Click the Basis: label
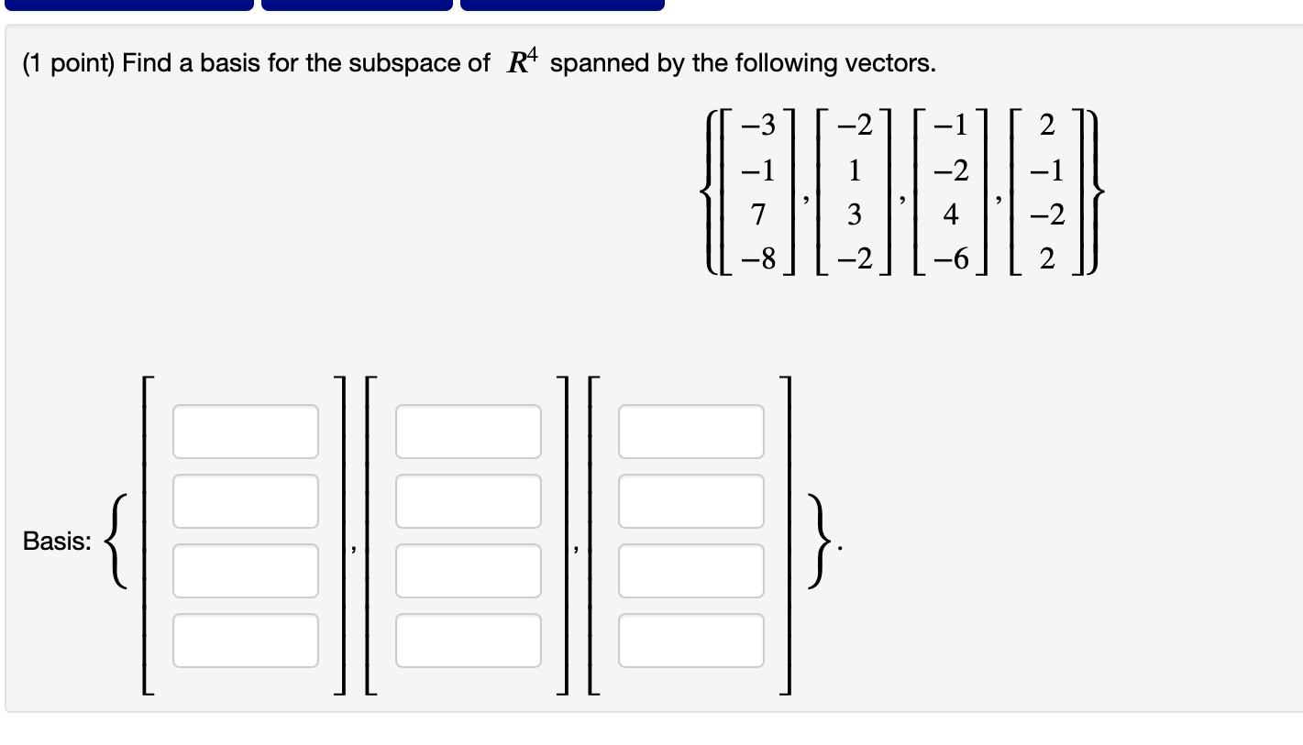(57, 542)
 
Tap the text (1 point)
(69, 63)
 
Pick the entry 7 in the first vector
(757, 215)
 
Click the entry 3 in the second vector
(855, 215)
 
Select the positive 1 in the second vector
(855, 170)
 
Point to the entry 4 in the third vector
(951, 215)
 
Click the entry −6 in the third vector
(951, 261)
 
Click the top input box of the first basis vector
(246, 432)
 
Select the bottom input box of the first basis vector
(246, 641)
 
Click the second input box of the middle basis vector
(469, 501)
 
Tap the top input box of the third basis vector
(691, 432)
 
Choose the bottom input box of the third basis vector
(691, 641)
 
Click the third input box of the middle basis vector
(469, 571)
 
